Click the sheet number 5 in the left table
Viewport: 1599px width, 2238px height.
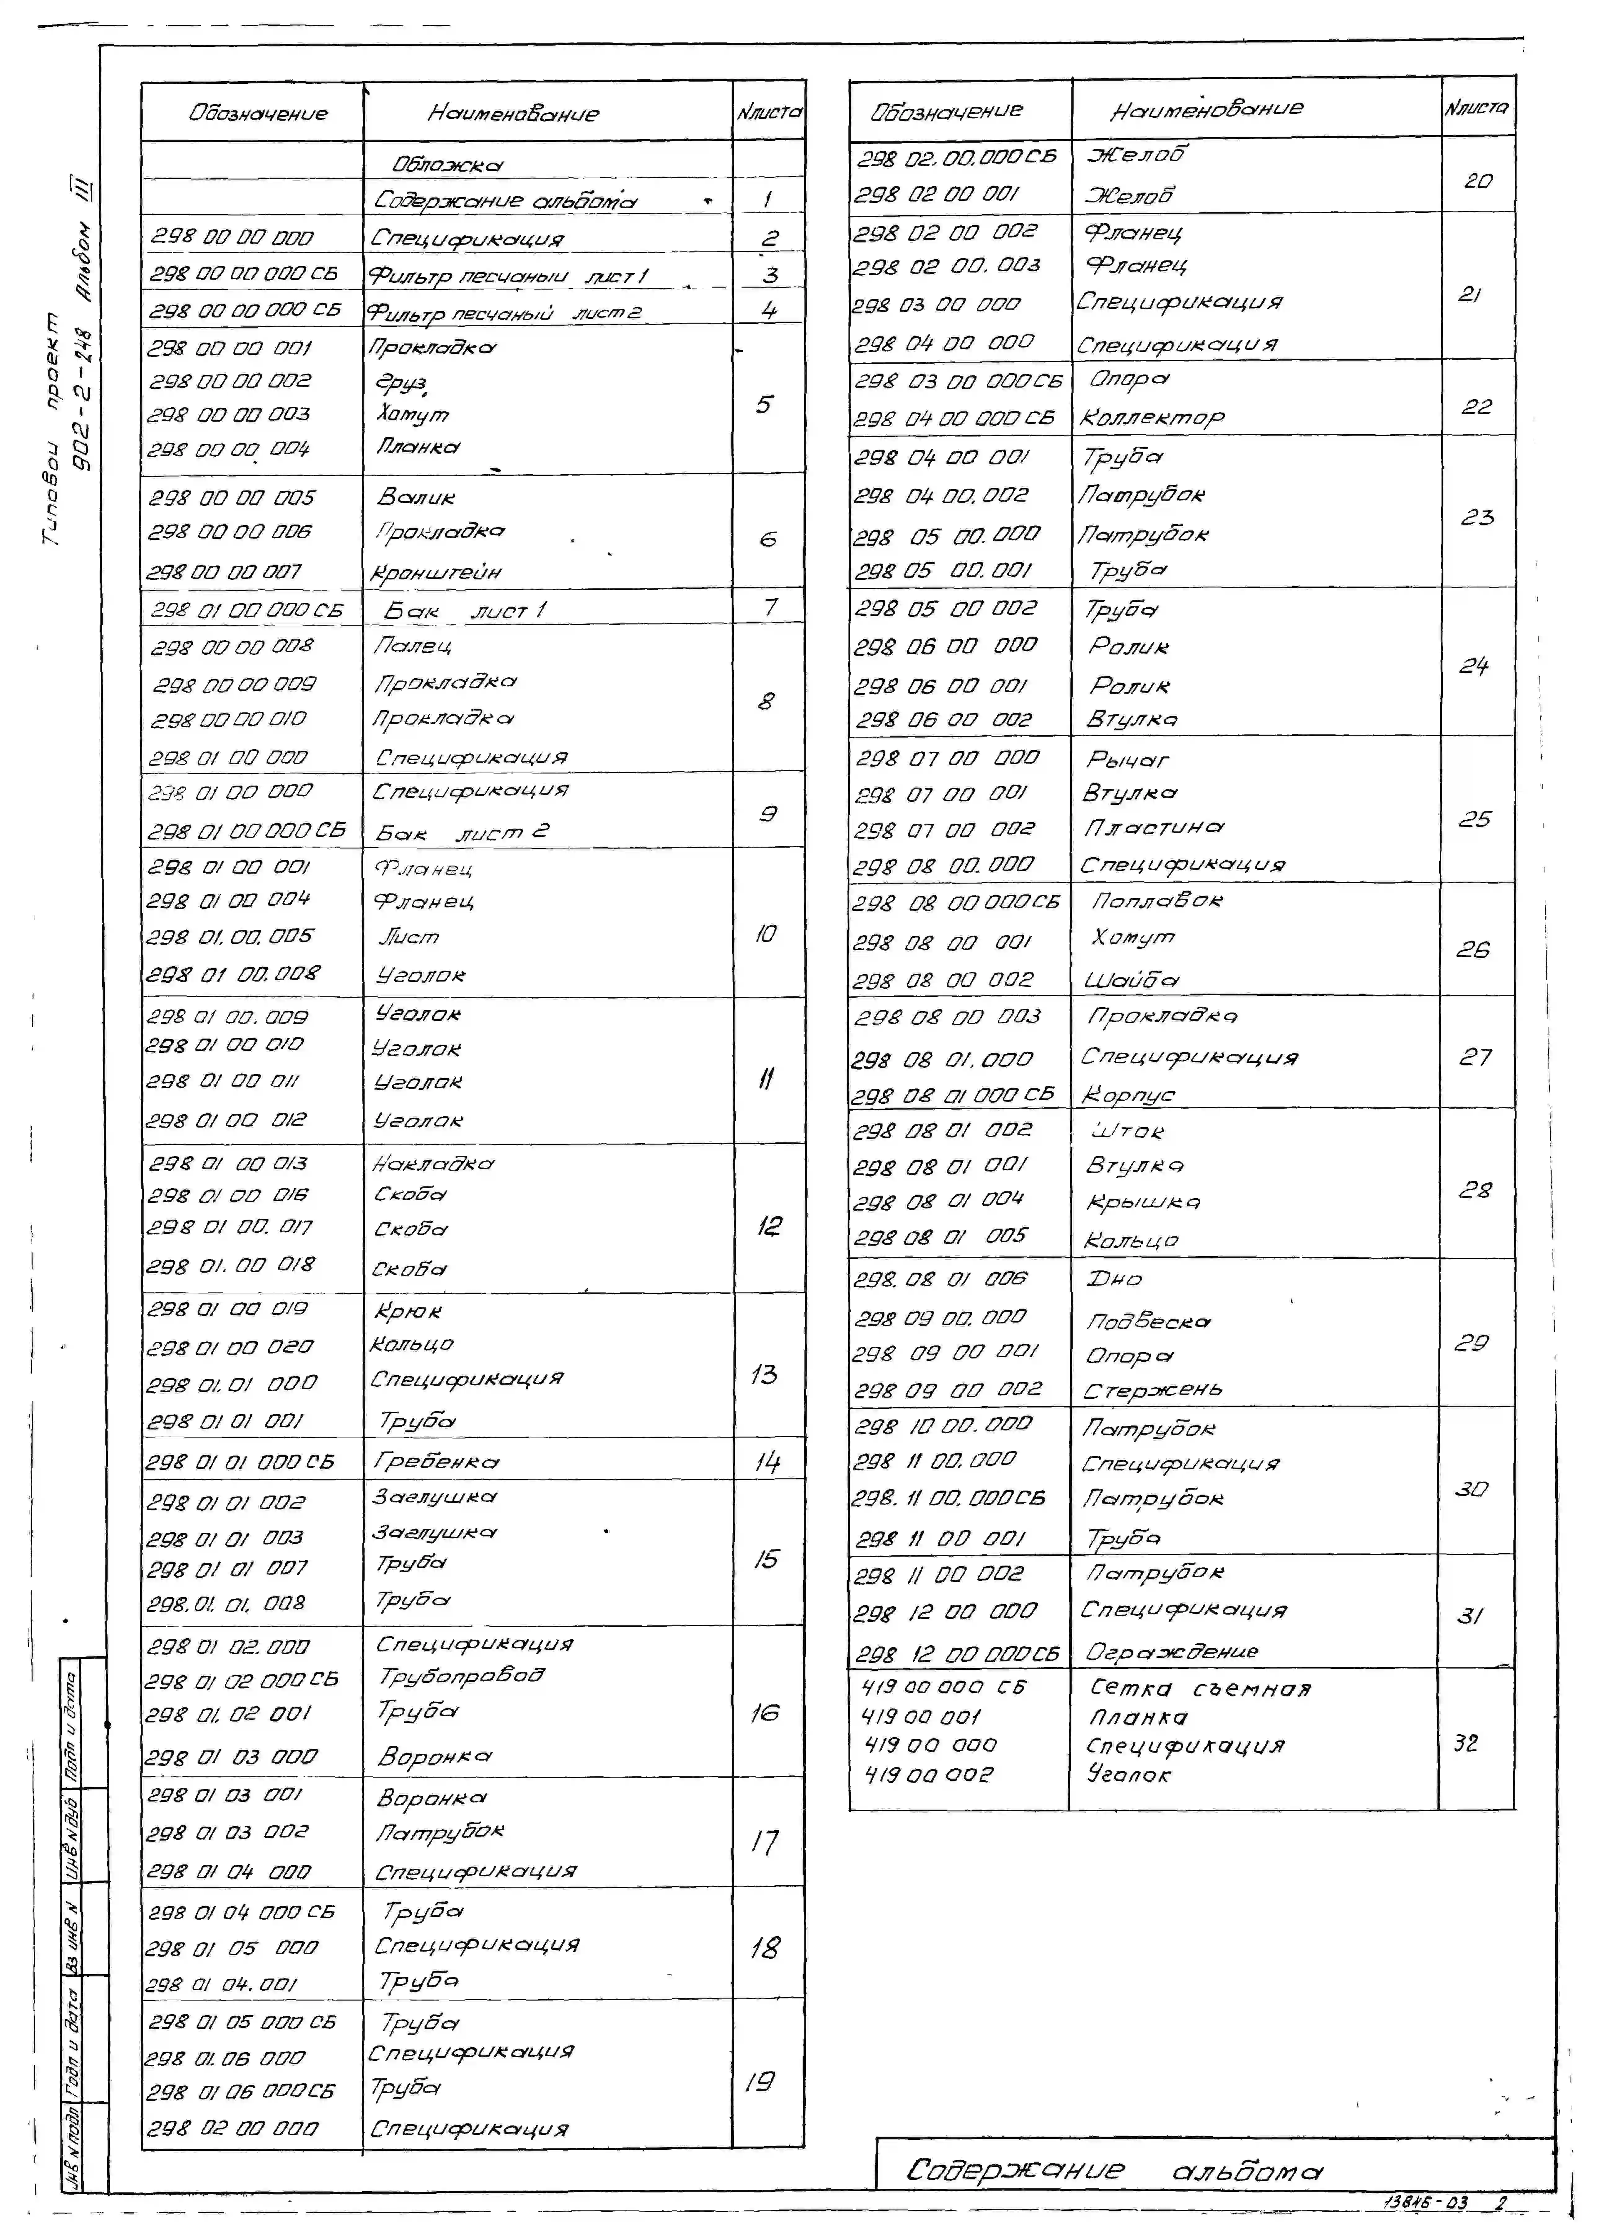pos(764,405)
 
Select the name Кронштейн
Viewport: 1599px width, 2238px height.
pos(436,572)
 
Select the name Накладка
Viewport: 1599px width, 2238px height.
pos(433,1164)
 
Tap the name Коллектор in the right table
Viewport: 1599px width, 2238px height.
pos(1152,418)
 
